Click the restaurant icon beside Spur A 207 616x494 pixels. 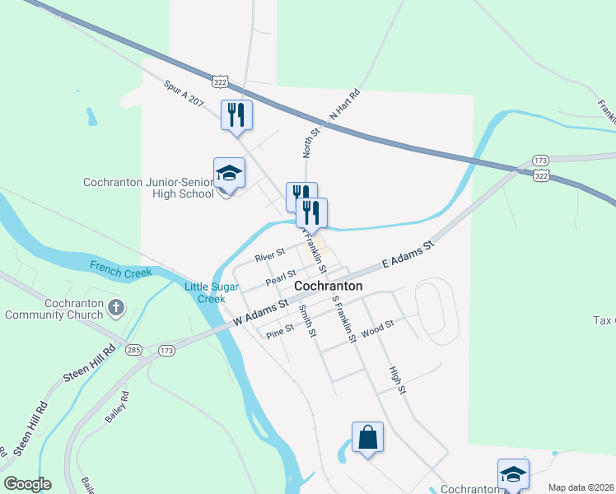(236, 114)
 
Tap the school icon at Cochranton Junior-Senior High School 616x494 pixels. (229, 173)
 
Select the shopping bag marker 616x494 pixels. (367, 437)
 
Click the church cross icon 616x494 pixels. (117, 309)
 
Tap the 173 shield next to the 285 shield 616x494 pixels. (167, 351)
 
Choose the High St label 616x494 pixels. (398, 380)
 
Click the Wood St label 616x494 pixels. (378, 325)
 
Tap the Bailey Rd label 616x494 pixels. (115, 406)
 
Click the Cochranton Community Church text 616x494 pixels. (56, 309)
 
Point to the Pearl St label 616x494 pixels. (280, 278)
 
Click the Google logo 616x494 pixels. (27, 484)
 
